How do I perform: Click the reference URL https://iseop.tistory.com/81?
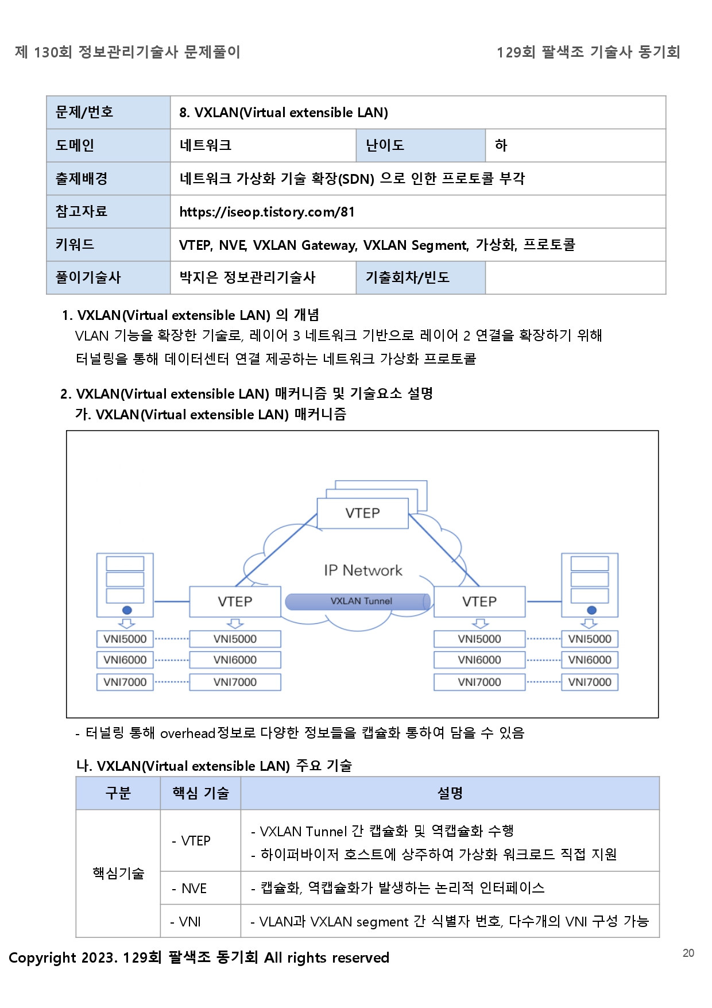[x=267, y=212]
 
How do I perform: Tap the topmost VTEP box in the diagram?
[x=362, y=513]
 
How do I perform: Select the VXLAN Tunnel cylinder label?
[x=361, y=601]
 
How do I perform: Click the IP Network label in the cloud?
[x=363, y=570]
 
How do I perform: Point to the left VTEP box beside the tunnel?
[x=235, y=601]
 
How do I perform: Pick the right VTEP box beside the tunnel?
[x=479, y=601]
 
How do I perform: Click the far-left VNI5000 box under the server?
[x=125, y=639]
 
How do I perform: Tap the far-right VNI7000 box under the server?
[x=590, y=682]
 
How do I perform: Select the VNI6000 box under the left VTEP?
[x=235, y=660]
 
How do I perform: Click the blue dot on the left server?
[x=127, y=610]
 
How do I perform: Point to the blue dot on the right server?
[x=592, y=610]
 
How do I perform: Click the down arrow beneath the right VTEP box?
[x=480, y=624]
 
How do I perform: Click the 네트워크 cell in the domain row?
[x=206, y=145]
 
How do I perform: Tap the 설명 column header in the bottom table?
[x=450, y=793]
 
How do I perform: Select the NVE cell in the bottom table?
[x=194, y=889]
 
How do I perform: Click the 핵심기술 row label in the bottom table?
[x=118, y=874]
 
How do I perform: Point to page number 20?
[x=688, y=953]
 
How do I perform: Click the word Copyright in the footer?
[x=42, y=957]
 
